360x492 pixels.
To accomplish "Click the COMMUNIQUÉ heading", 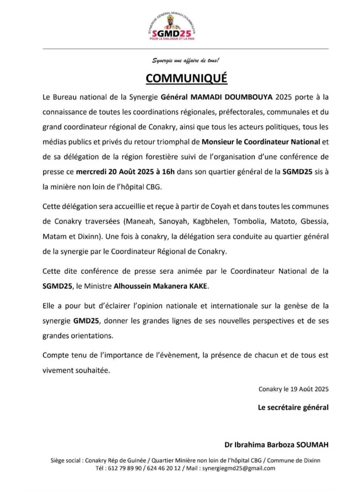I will click(x=186, y=78).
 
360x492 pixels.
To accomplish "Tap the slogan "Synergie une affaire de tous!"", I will click(x=185, y=61).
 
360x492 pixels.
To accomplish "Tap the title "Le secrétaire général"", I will click(x=293, y=407).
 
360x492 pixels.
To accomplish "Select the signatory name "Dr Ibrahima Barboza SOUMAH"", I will click(x=276, y=445).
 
